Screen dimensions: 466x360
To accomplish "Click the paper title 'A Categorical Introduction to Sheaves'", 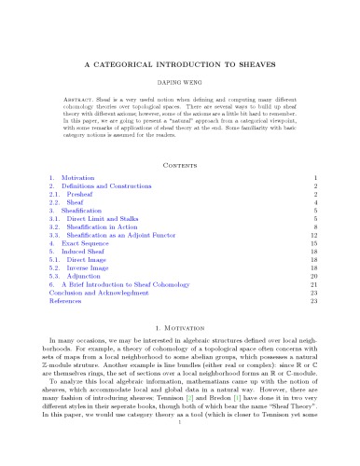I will click(180, 66).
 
